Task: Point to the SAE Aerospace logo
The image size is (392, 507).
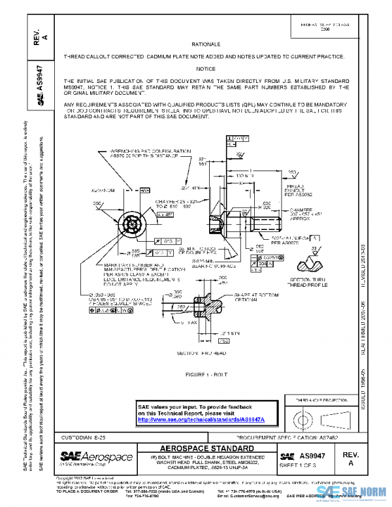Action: click(x=88, y=455)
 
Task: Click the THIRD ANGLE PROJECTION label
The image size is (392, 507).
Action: click(x=307, y=399)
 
